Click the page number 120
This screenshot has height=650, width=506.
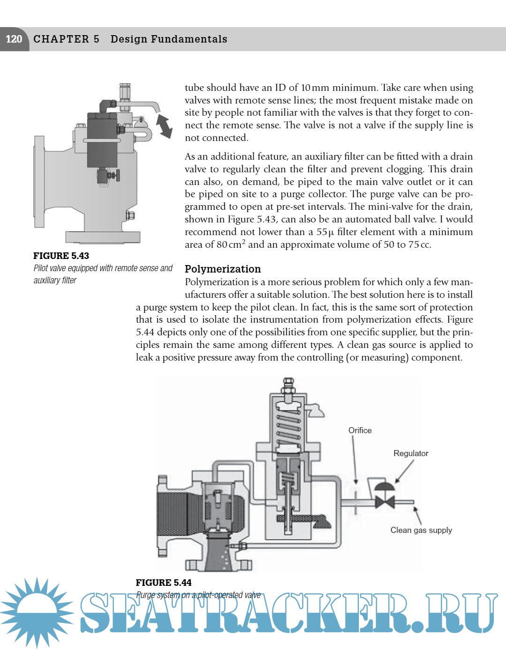[14, 39]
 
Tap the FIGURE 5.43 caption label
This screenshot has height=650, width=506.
[61, 256]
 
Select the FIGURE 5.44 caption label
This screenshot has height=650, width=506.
[164, 583]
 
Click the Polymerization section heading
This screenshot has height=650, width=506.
[223, 269]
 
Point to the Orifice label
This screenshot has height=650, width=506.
[360, 430]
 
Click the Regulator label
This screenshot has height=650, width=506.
[410, 453]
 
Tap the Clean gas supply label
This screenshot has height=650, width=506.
[421, 530]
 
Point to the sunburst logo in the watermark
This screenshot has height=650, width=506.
[36, 613]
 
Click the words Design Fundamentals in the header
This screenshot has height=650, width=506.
[169, 39]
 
